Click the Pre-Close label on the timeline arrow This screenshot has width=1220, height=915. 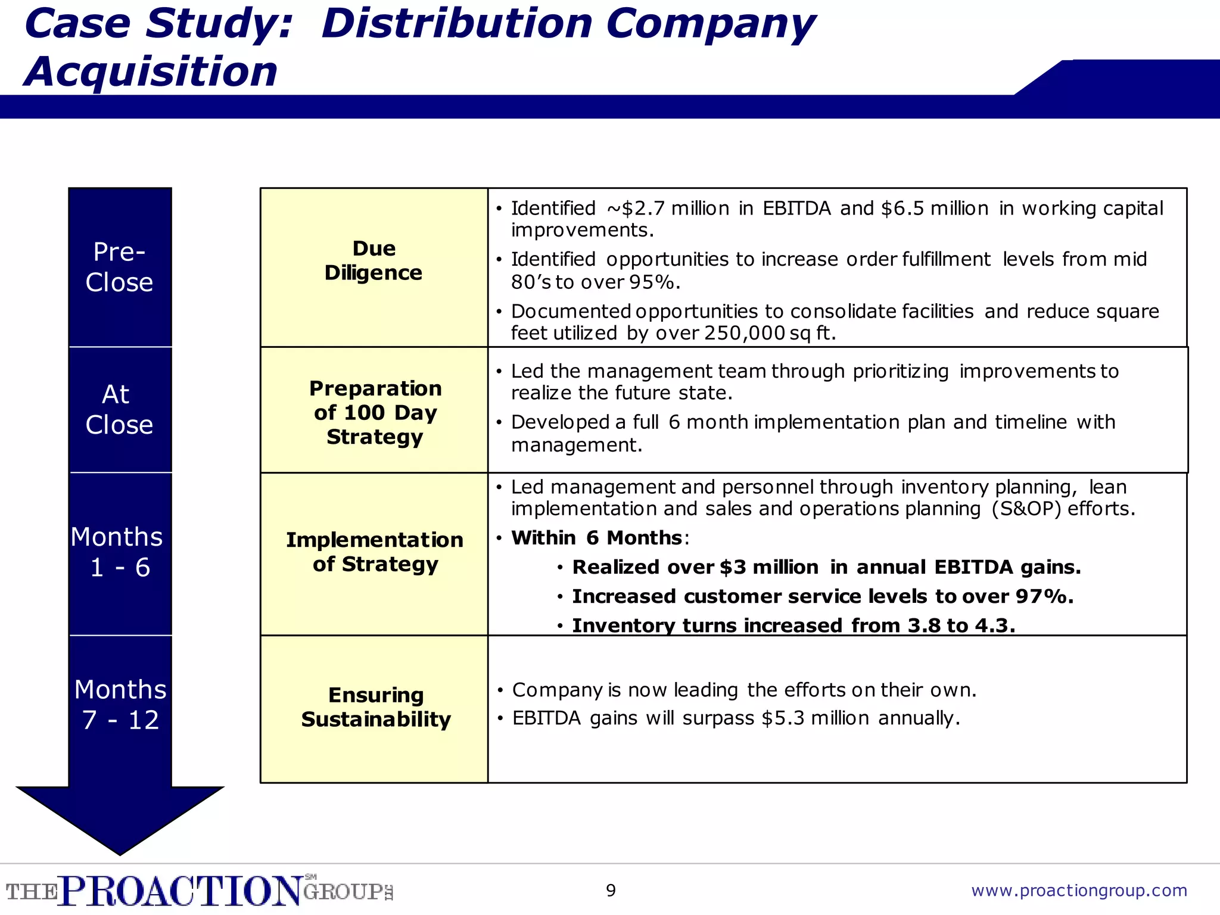click(x=119, y=267)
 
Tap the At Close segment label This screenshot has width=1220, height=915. click(x=119, y=410)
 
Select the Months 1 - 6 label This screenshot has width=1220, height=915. click(x=118, y=552)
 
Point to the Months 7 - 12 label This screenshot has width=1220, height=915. click(x=120, y=705)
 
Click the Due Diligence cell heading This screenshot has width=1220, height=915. click(x=374, y=260)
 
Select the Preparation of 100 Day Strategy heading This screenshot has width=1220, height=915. click(x=375, y=412)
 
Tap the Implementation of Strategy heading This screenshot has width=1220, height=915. click(x=375, y=552)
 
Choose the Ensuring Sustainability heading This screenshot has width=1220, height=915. click(x=375, y=707)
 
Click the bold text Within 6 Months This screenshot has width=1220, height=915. click(x=596, y=538)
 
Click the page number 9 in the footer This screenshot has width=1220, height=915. click(x=611, y=891)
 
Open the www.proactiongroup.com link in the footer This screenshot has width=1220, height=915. click(x=1079, y=891)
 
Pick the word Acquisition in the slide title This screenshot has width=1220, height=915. click(x=151, y=71)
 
